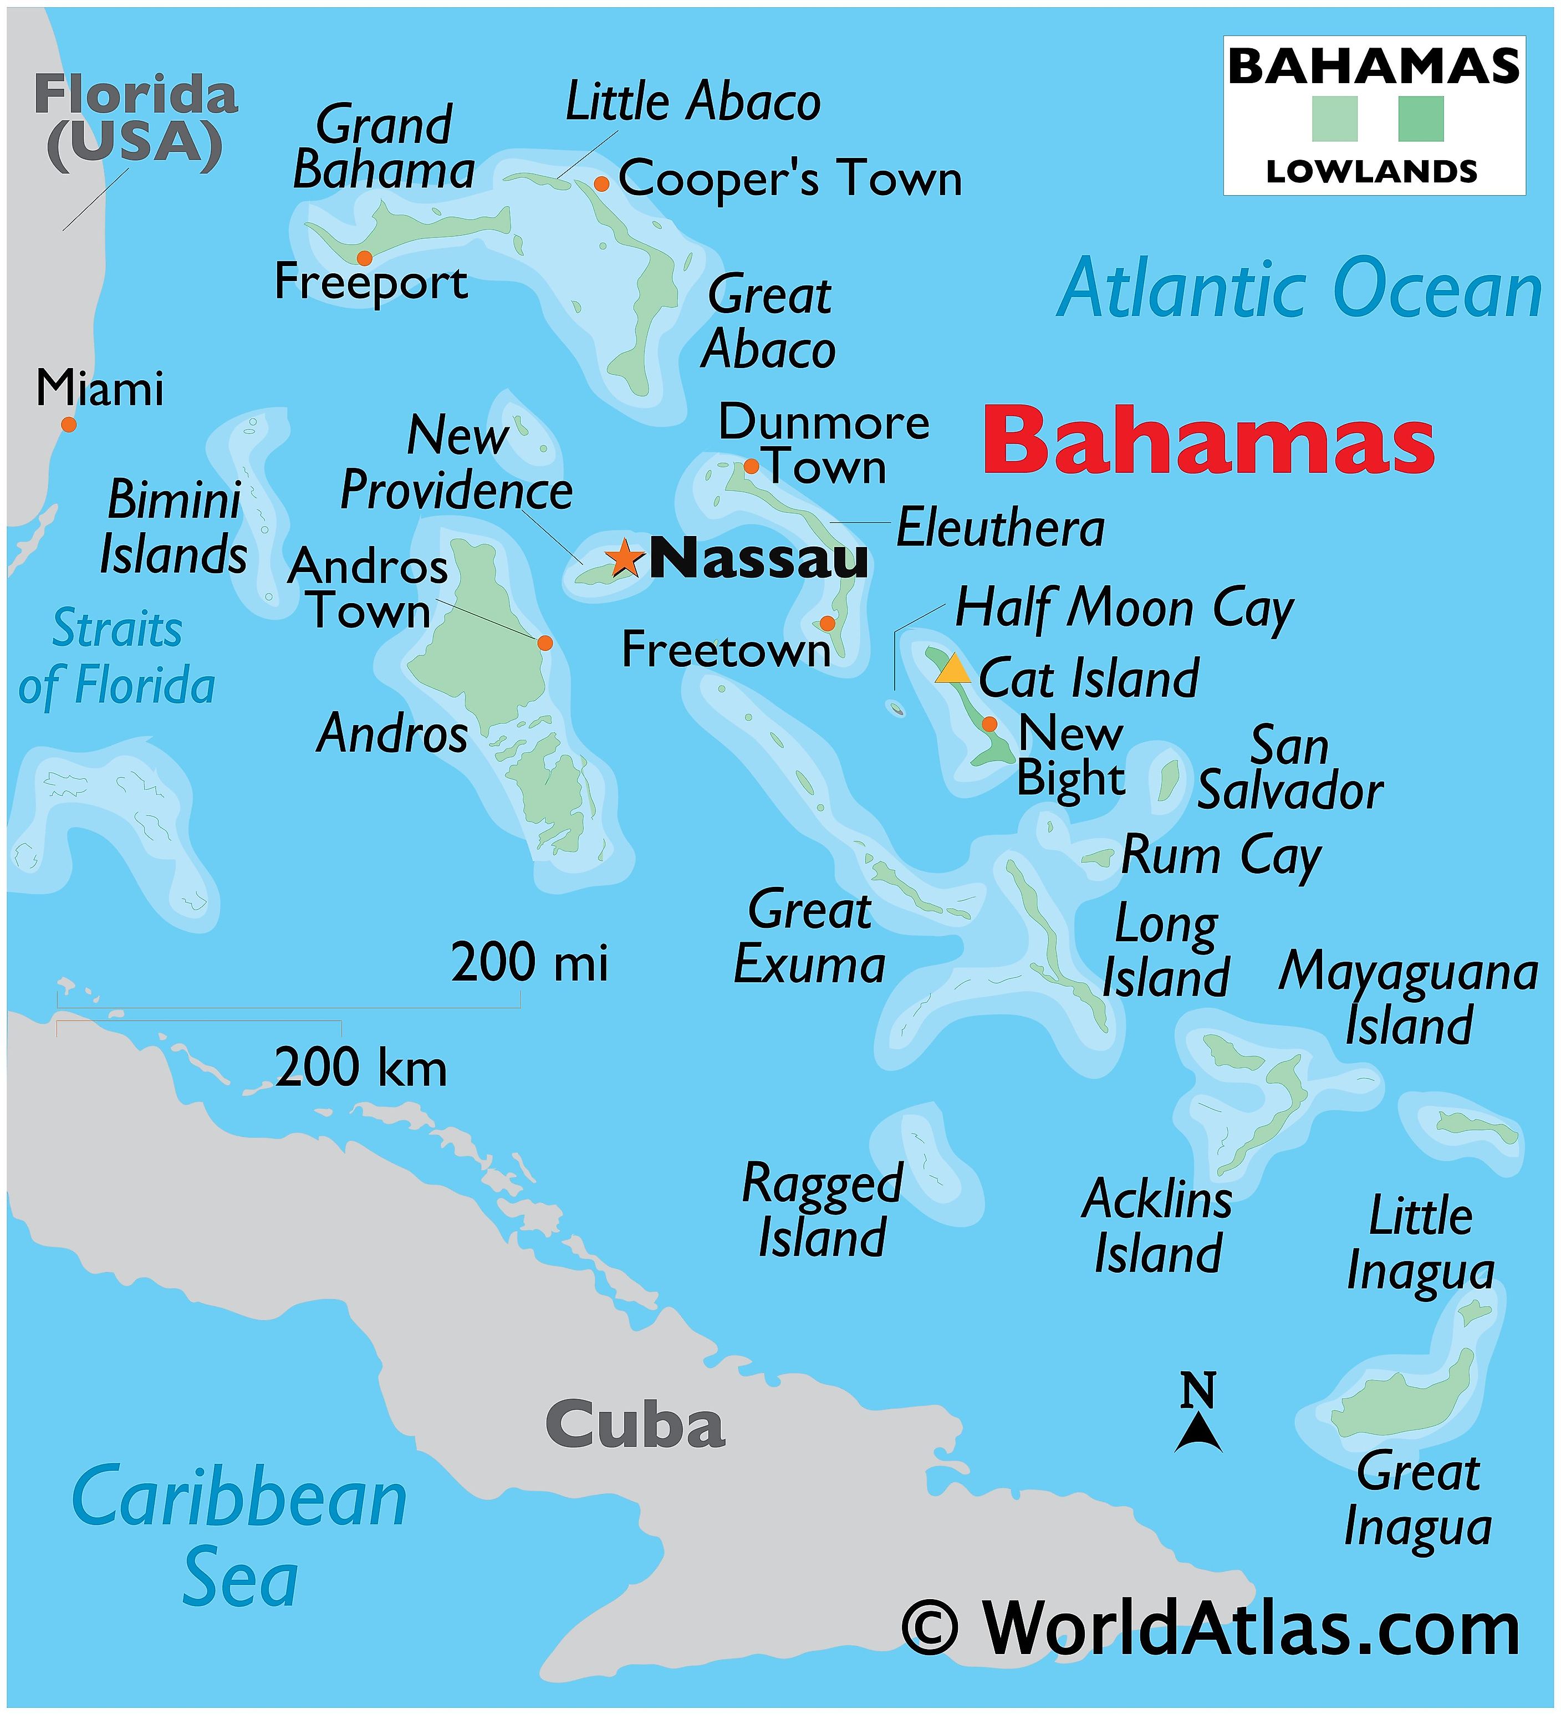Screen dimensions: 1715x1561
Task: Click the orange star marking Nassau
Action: [624, 558]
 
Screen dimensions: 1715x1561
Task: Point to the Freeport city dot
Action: [364, 258]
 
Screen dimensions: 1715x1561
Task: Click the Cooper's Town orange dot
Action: [601, 184]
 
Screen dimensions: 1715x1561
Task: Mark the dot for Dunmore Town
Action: [751, 466]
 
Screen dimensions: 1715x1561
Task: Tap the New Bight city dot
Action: [989, 724]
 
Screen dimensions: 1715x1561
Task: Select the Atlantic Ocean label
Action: [1299, 289]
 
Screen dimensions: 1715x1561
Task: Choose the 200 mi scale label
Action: [529, 963]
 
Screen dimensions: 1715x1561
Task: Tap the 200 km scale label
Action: [361, 1068]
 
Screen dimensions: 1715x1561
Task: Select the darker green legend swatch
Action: [1421, 119]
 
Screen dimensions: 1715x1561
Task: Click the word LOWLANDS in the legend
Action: [1371, 172]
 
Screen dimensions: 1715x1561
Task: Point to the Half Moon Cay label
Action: [1124, 609]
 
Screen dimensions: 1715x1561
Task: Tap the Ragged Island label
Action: [822, 1209]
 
